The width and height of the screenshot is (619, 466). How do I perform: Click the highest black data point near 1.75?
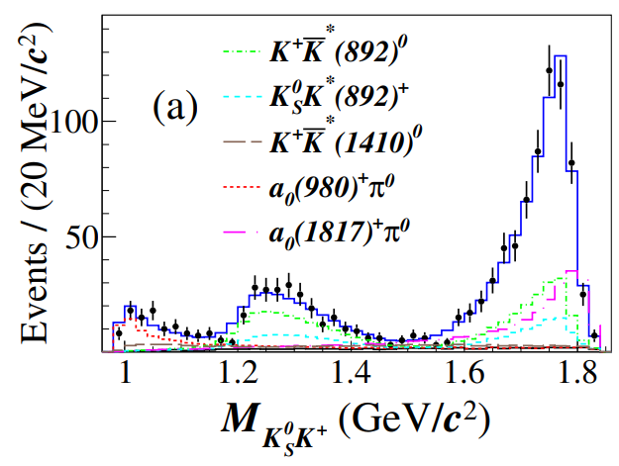tap(550, 70)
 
